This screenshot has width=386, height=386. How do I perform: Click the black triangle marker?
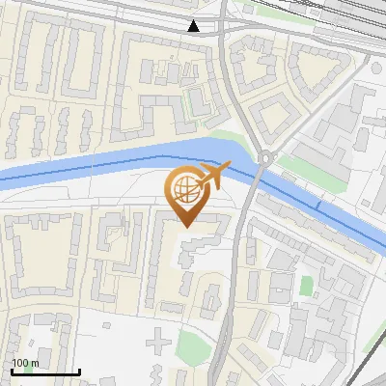[x=194, y=26]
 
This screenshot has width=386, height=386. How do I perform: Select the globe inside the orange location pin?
[x=184, y=186]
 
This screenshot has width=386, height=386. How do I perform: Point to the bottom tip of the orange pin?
[x=184, y=227]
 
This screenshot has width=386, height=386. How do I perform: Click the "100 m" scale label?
[x=26, y=363]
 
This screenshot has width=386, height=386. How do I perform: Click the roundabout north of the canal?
[x=265, y=158]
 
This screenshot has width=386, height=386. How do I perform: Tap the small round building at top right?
[x=376, y=69]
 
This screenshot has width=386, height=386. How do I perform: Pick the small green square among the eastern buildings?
[x=307, y=286]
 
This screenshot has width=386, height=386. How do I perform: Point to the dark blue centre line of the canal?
[x=96, y=164]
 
